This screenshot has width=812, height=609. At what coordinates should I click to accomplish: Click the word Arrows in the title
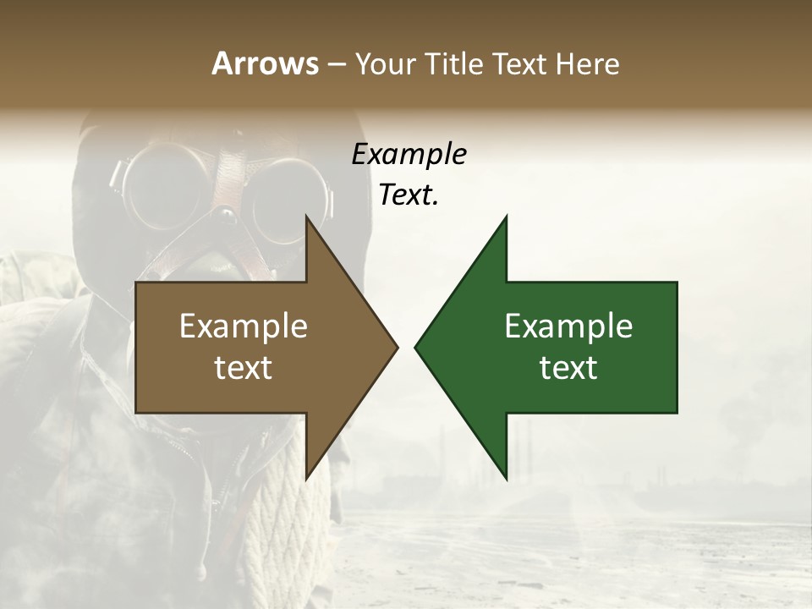(x=264, y=63)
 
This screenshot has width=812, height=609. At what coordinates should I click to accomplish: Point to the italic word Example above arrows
(x=409, y=155)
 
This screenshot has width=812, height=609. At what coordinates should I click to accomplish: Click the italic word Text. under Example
(x=409, y=195)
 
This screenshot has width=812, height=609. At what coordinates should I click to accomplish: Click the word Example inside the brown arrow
(x=244, y=326)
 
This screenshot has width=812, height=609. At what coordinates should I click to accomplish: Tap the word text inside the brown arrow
(x=244, y=367)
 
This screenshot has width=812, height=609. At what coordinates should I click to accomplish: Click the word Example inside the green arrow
(x=568, y=326)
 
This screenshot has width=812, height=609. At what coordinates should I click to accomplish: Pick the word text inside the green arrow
(x=568, y=367)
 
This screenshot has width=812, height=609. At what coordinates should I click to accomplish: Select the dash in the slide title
(x=335, y=64)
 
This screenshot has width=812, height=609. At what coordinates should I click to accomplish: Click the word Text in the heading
(x=522, y=63)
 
